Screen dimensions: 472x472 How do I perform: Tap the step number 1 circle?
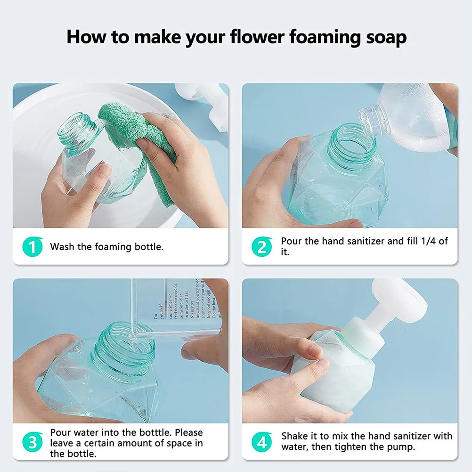coord(33,246)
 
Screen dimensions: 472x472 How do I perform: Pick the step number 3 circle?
coord(33,443)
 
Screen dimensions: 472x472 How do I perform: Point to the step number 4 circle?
coord(261,442)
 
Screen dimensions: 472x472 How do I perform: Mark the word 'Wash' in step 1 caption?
coord(62,246)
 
